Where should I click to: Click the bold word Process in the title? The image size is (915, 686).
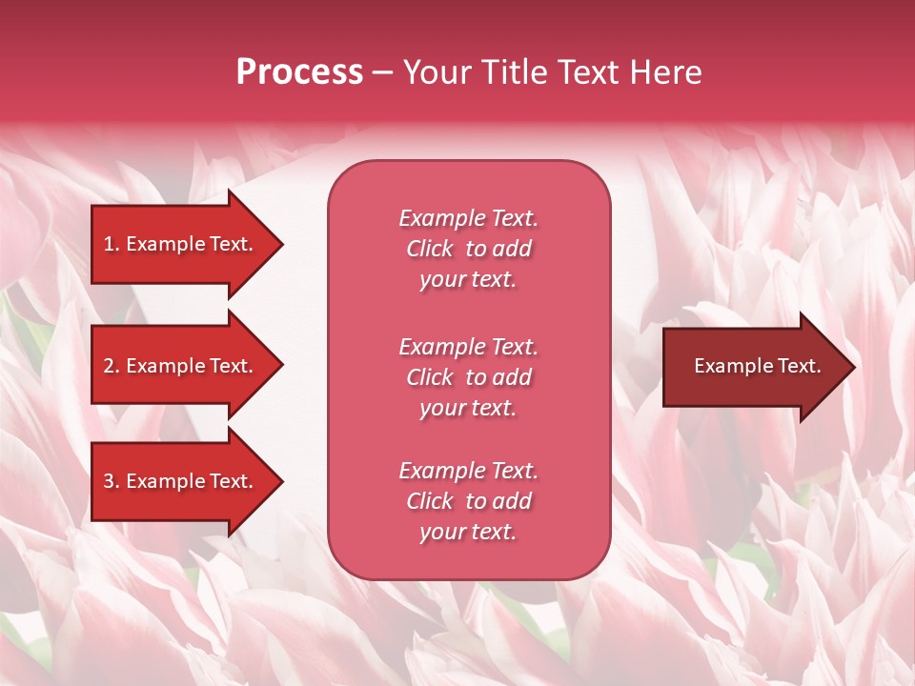pyautogui.click(x=299, y=72)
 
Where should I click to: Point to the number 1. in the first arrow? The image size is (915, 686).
pyautogui.click(x=112, y=244)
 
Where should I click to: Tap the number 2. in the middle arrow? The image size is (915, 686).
pyautogui.click(x=112, y=366)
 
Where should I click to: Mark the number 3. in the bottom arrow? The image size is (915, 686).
pyautogui.click(x=112, y=481)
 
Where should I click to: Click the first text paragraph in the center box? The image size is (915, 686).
pyautogui.click(x=468, y=249)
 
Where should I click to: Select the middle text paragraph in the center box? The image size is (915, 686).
pyautogui.click(x=468, y=377)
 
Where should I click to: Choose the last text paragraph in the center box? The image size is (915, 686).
pyautogui.click(x=468, y=501)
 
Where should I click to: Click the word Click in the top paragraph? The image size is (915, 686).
pyautogui.click(x=430, y=249)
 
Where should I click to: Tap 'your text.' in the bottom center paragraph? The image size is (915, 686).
pyautogui.click(x=468, y=532)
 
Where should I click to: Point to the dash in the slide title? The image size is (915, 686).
pyautogui.click(x=382, y=73)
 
